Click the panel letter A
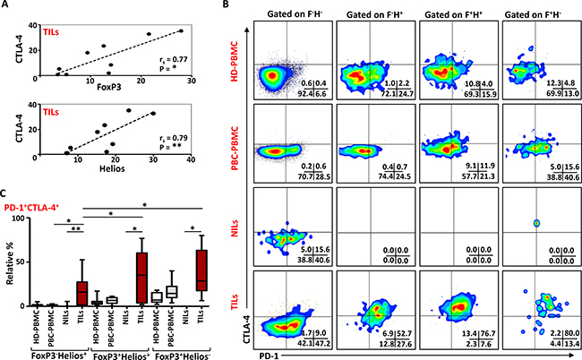[x=7, y=7]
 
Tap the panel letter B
[x=227, y=8]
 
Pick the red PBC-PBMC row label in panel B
[x=235, y=150]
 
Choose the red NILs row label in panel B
[x=235, y=236]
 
